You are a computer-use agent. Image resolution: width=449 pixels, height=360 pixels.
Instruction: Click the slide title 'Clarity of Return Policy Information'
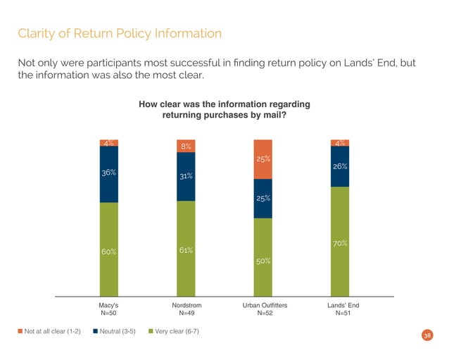pos(120,33)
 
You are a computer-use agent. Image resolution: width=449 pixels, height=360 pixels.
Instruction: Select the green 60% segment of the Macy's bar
pos(108,249)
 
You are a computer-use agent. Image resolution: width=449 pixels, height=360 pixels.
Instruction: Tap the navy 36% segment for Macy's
pos(108,174)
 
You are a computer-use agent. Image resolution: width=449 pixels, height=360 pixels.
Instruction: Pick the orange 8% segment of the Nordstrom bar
pos(186,147)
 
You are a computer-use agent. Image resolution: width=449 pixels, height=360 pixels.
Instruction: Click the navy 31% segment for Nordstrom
pos(186,177)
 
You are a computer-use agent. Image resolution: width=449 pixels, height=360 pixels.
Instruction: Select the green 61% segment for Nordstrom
pos(186,248)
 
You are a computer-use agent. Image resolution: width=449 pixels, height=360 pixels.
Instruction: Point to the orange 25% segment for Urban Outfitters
pos(263,159)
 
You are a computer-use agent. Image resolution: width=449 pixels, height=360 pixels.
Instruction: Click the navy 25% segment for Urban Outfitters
pos(263,199)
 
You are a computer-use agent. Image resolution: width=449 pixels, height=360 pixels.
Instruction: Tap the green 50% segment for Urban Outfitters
pos(263,257)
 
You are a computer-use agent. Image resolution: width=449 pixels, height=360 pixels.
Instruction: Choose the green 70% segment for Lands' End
pos(340,241)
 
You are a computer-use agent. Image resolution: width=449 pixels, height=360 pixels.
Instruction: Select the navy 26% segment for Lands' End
pos(340,166)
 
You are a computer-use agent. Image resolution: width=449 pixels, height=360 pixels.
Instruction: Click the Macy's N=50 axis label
pos(108,309)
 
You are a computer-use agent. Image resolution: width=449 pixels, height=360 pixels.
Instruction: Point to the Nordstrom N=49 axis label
pos(186,309)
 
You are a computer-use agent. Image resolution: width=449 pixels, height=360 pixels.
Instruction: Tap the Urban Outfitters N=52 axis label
pos(263,309)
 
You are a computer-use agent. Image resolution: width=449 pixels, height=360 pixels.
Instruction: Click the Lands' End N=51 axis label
pos(340,309)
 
